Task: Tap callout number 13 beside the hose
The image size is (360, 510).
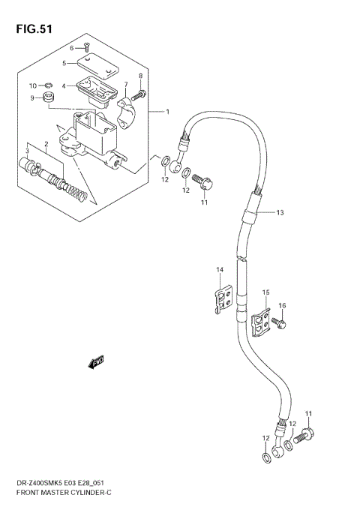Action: tap(280, 213)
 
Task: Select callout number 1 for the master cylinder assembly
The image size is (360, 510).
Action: tap(167, 112)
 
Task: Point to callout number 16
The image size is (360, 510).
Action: tap(282, 305)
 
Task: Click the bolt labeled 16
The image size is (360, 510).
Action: tap(278, 322)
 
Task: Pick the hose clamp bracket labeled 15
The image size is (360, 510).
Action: tap(259, 321)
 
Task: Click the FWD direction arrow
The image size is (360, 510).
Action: tap(95, 364)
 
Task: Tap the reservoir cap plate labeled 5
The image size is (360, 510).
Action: tap(94, 67)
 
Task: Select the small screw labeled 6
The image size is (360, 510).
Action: tap(88, 49)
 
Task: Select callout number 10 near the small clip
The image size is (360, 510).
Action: tap(32, 85)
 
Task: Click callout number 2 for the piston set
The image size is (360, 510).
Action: tap(45, 144)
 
